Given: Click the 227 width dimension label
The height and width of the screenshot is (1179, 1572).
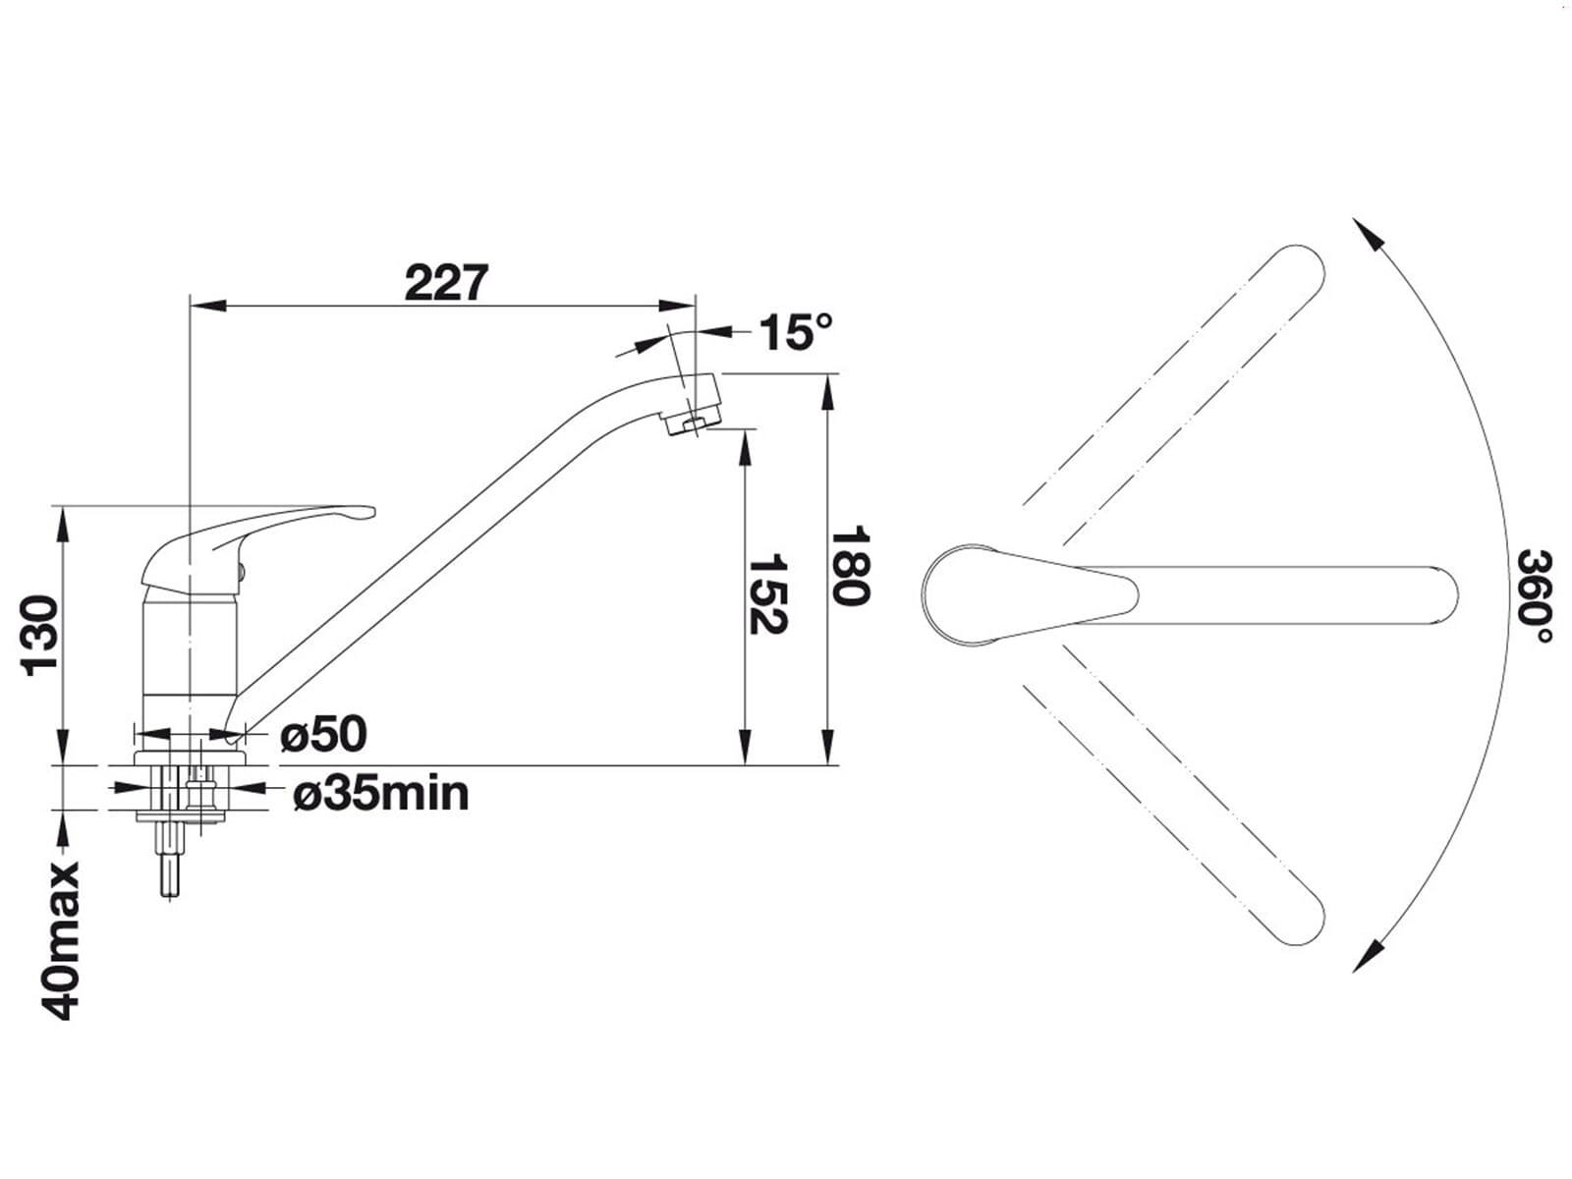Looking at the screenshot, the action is pyautogui.click(x=446, y=283).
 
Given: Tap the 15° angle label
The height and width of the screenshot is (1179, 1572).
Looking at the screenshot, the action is pyautogui.click(x=797, y=332).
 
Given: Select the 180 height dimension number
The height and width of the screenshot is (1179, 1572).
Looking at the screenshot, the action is pyautogui.click(x=850, y=566).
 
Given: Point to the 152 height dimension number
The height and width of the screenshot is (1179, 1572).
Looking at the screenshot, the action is pyautogui.click(x=767, y=593).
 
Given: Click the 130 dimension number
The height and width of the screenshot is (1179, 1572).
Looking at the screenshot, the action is pyautogui.click(x=40, y=636).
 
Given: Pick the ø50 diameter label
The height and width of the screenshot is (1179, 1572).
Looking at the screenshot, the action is pyautogui.click(x=323, y=734).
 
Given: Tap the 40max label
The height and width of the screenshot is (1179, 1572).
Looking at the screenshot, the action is pyautogui.click(x=61, y=940).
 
